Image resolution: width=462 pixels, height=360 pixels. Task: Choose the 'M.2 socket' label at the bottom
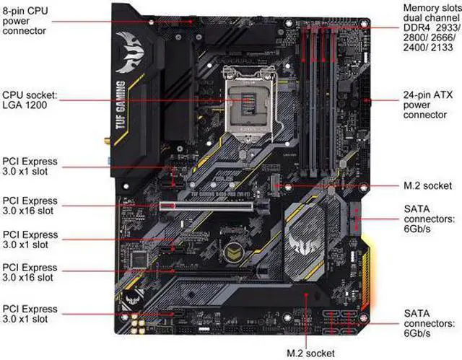[x=310, y=352]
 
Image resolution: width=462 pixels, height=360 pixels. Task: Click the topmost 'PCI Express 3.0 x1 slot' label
[x=30, y=167]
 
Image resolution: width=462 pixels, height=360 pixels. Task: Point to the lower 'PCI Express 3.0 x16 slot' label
[x=30, y=272]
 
